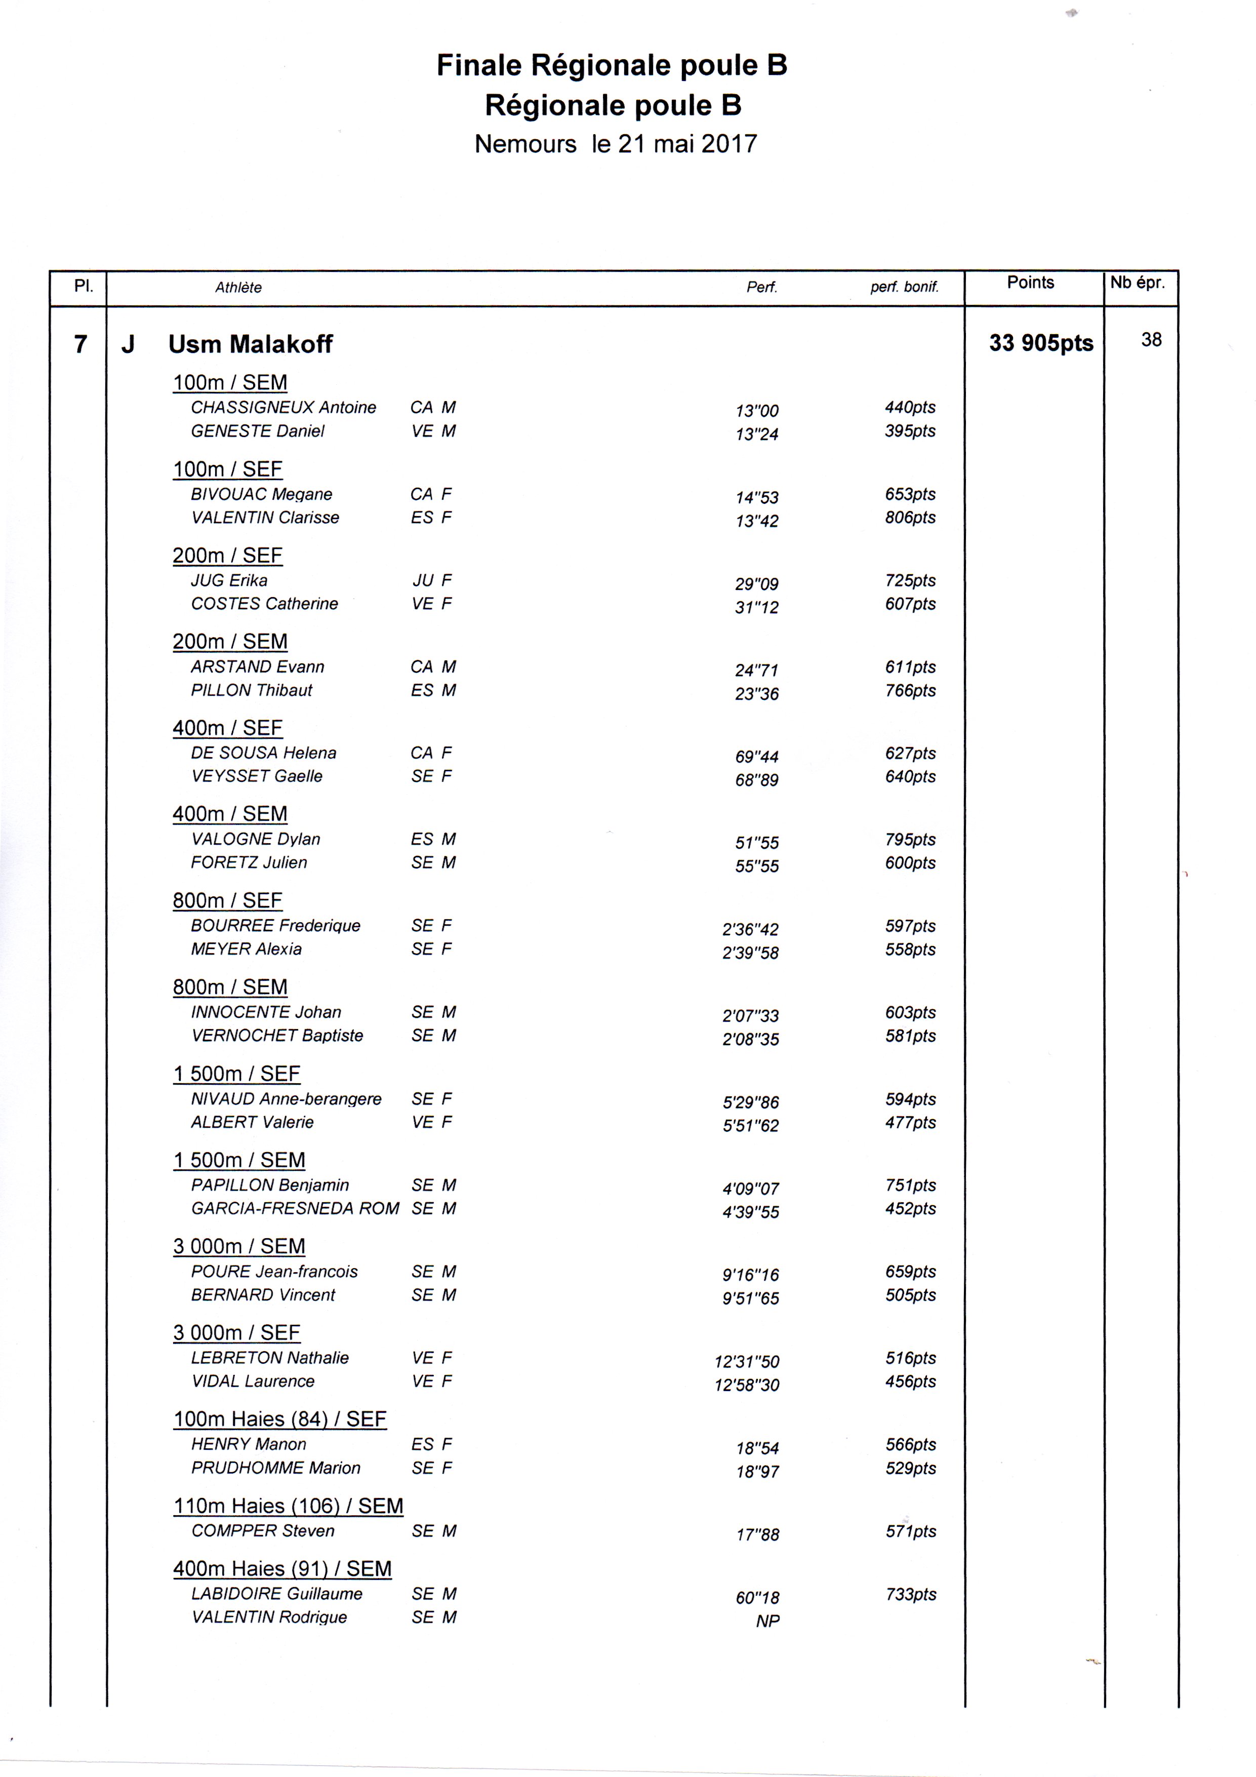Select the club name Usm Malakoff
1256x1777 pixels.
click(250, 344)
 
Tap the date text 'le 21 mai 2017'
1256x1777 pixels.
click(674, 144)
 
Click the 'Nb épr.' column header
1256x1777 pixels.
click(1137, 283)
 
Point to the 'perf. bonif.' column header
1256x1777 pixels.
click(904, 287)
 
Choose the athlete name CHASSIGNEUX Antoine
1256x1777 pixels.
click(283, 408)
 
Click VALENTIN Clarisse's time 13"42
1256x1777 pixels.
click(757, 521)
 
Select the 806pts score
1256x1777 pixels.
click(910, 518)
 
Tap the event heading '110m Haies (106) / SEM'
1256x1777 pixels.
click(288, 1506)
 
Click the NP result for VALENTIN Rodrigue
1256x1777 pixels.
click(767, 1621)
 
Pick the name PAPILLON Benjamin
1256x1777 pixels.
click(270, 1185)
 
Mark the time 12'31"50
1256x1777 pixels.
click(747, 1361)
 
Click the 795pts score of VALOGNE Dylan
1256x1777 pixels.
click(910, 840)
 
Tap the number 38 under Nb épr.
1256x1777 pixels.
click(1151, 340)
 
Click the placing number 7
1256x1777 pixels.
click(80, 344)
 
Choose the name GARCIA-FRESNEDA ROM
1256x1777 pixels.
click(295, 1208)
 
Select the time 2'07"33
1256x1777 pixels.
click(750, 1015)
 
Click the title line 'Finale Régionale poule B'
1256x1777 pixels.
click(612, 66)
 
